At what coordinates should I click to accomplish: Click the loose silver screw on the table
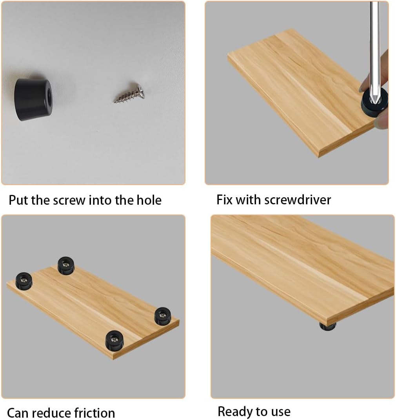pos(129,96)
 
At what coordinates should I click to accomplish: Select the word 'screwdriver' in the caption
pos(298,200)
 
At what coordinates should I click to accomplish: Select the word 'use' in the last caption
pos(280,412)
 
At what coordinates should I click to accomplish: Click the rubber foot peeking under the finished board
pos(328,326)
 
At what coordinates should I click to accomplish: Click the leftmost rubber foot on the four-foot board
pos(24,281)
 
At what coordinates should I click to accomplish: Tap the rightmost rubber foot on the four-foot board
pos(163,316)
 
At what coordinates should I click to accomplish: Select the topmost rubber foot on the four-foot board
pos(66,265)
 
